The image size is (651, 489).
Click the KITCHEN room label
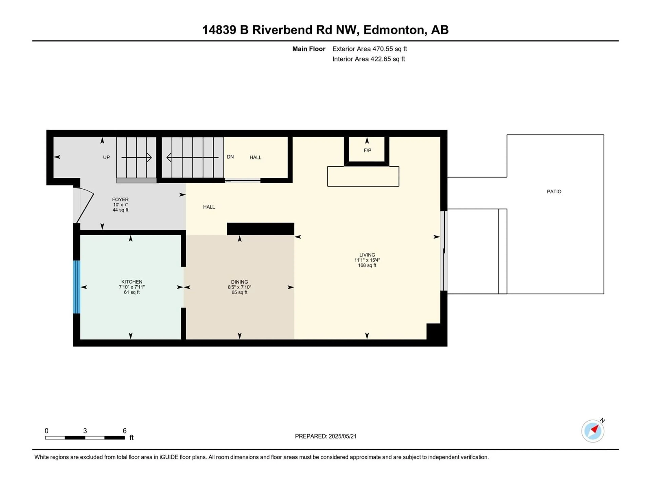[132, 282]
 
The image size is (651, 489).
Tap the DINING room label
[240, 282]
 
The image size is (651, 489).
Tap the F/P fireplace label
[367, 150]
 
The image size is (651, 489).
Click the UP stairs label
[106, 157]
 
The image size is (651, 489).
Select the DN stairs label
[230, 157]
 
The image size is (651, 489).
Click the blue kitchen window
[76, 287]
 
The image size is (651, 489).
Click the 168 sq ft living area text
[367, 265]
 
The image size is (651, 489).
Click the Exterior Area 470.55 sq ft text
[370, 49]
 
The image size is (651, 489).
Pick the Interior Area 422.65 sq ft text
[368, 59]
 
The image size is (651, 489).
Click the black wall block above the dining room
[260, 229]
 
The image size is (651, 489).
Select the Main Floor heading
[309, 49]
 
